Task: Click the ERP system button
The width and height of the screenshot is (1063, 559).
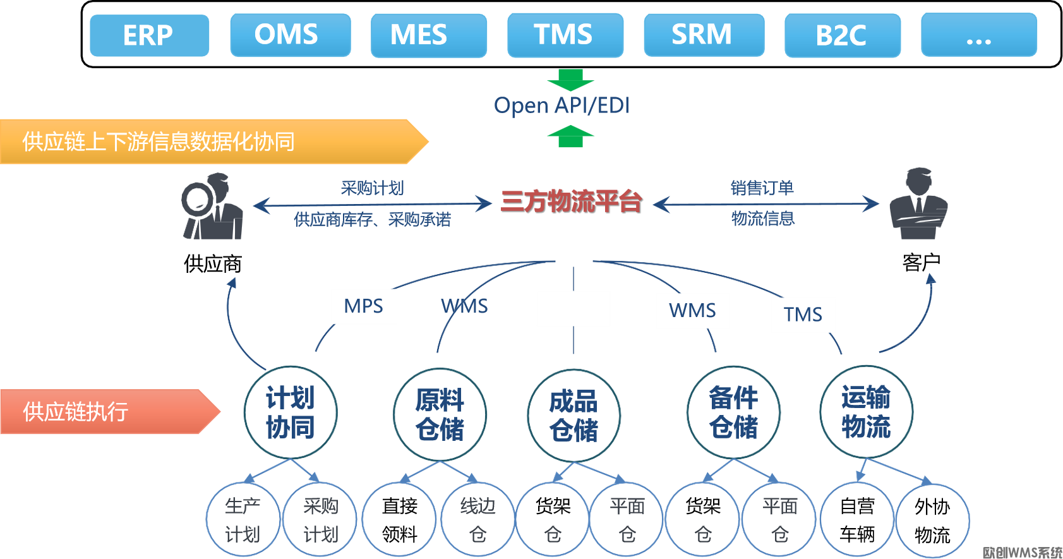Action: tap(149, 35)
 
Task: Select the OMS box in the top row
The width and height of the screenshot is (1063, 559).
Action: tap(290, 35)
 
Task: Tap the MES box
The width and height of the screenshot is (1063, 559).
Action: tap(428, 35)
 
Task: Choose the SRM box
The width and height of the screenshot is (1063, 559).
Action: tap(703, 35)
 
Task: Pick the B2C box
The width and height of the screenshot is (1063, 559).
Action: tap(842, 36)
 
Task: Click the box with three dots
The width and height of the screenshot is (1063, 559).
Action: tap(978, 35)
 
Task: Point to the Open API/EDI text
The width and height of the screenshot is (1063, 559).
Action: tap(562, 105)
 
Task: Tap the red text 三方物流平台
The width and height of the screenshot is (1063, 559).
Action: tap(571, 201)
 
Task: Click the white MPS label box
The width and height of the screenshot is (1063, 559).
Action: tap(364, 306)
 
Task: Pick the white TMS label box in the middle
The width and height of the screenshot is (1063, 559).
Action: tap(803, 315)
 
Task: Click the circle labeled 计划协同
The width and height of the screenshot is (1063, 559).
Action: tap(290, 412)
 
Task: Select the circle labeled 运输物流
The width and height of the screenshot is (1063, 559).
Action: tap(865, 412)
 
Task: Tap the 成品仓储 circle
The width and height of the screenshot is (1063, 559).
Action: tap(573, 416)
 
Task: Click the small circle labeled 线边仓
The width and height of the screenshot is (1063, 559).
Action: tap(477, 519)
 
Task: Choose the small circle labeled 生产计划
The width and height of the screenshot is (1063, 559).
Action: tap(243, 519)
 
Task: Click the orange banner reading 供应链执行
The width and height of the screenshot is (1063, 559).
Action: tap(107, 412)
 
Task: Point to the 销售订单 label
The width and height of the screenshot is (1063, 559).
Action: tap(762, 188)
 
